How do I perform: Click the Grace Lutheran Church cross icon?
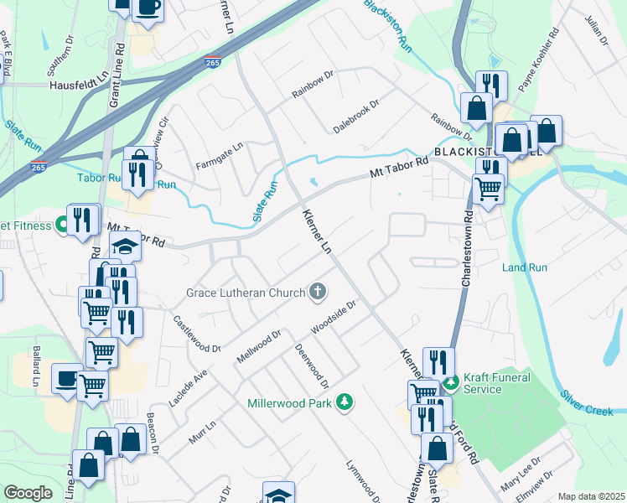317,292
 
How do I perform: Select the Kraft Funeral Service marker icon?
451,383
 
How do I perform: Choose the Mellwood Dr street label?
258,345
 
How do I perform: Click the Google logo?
28,493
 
